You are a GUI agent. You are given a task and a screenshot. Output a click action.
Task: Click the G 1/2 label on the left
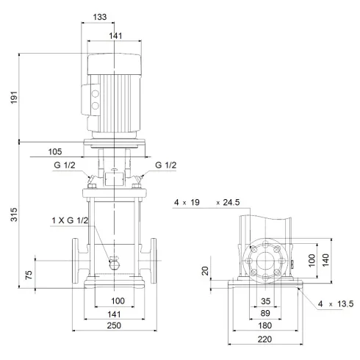[62, 165]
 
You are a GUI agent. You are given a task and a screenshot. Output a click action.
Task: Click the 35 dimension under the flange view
[265, 300]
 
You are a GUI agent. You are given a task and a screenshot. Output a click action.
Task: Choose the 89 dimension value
[265, 313]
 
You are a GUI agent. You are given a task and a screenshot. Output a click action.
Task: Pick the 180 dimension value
[265, 326]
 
